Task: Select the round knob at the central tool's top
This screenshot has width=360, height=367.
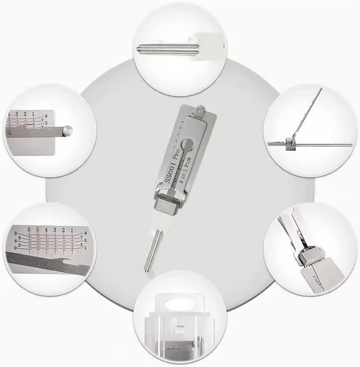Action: click(200, 108)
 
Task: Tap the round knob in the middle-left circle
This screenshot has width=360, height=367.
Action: click(69, 129)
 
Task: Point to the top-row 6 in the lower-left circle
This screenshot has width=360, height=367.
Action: click(28, 229)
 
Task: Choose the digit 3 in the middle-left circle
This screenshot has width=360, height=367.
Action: click(17, 113)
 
